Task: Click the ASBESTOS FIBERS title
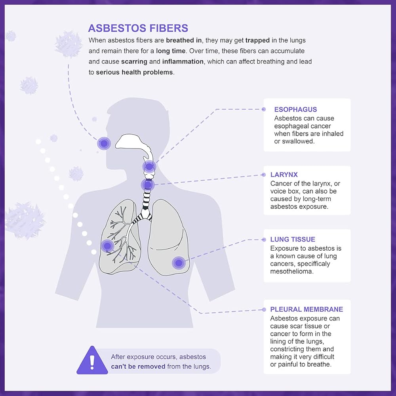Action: pyautogui.click(x=138, y=28)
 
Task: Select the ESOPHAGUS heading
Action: pyautogui.click(x=295, y=110)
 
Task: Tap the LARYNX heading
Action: pyautogui.click(x=284, y=175)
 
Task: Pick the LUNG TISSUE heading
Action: pyautogui.click(x=293, y=240)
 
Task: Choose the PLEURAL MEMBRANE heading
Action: pyautogui.click(x=307, y=310)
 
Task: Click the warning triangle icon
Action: pyautogui.click(x=92, y=361)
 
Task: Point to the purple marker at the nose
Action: pyautogui.click(x=104, y=143)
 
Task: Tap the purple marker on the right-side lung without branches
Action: pyautogui.click(x=179, y=263)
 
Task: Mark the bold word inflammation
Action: pyautogui.click(x=181, y=62)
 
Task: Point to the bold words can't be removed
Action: pyautogui.click(x=138, y=366)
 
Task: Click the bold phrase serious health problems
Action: pyautogui.click(x=134, y=72)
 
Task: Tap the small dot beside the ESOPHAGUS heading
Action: pyautogui.click(x=264, y=109)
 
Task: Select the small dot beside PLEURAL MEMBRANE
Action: pyautogui.click(x=264, y=310)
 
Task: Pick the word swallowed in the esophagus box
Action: pyautogui.click(x=298, y=141)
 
